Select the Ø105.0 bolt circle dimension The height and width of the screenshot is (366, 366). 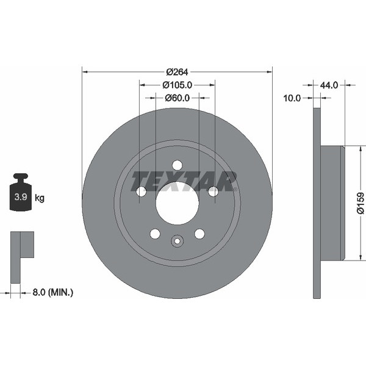(177, 85)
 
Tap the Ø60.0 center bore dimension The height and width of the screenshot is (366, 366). (177, 98)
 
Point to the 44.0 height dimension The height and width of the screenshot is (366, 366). (329, 85)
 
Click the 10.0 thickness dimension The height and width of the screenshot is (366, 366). (292, 98)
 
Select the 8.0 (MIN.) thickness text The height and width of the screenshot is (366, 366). (49, 293)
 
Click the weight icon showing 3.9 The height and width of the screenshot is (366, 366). (21, 193)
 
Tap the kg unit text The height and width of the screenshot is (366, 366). (40, 198)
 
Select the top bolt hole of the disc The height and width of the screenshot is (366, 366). (177, 165)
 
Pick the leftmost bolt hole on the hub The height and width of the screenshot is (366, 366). (141, 192)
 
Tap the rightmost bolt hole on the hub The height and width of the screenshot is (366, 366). (213, 192)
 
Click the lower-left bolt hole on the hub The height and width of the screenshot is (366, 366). (155, 234)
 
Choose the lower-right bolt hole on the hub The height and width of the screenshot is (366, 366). (199, 234)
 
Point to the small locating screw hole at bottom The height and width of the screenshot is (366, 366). (177, 241)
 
